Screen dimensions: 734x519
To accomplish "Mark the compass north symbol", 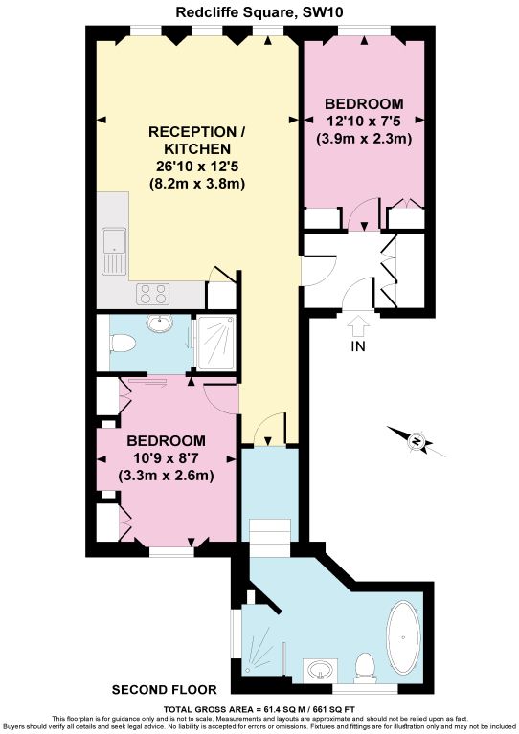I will pos(417,440).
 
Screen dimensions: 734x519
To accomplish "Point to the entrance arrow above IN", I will pos(358,324).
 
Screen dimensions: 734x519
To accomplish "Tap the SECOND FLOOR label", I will pos(164,690).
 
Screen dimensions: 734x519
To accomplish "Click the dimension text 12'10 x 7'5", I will pos(363,121).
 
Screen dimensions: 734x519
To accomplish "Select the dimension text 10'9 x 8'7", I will pos(166,457).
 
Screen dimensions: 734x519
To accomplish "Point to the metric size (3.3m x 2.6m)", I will pos(166,476).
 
